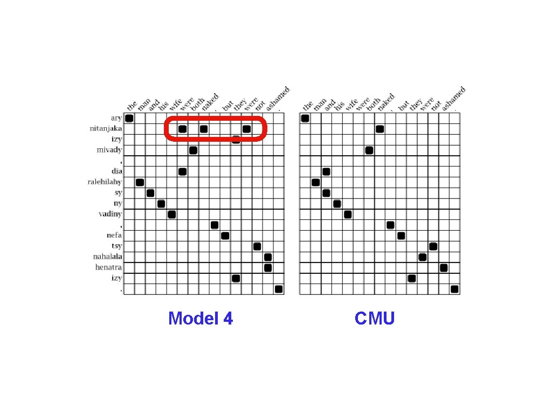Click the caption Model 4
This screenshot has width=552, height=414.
[x=201, y=319]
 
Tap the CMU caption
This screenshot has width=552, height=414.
[x=375, y=319]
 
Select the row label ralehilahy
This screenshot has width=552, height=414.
[x=105, y=182]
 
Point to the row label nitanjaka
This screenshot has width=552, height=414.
[x=106, y=129]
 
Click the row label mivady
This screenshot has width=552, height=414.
[x=109, y=150]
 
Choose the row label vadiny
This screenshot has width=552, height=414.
[x=110, y=214]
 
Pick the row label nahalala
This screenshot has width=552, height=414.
[x=108, y=257]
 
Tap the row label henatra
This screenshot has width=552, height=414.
[x=109, y=267]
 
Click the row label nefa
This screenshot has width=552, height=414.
[x=114, y=236]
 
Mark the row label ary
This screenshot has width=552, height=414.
[x=116, y=118]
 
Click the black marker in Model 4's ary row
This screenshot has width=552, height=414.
[x=129, y=118]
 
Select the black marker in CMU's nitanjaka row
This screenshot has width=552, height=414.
[x=379, y=129]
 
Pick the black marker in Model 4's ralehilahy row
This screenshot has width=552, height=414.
[x=140, y=182]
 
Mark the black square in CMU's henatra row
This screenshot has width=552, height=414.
[x=444, y=267]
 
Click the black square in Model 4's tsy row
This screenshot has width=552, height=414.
[x=257, y=246]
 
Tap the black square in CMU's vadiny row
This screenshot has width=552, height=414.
[x=348, y=214]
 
